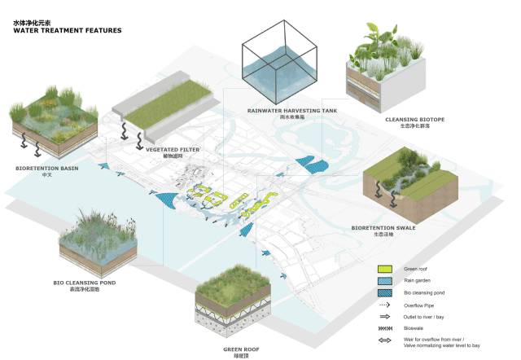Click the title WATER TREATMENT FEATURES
[x=67, y=30]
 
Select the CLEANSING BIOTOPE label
[x=409, y=119]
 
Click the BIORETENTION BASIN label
[x=46, y=168]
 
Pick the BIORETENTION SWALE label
[x=383, y=228]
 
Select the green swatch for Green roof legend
[x=386, y=269]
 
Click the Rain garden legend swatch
[x=386, y=280]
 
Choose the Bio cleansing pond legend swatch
[x=386, y=292]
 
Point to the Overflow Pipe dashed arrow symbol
[x=386, y=305]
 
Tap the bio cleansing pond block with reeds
[x=97, y=241]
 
